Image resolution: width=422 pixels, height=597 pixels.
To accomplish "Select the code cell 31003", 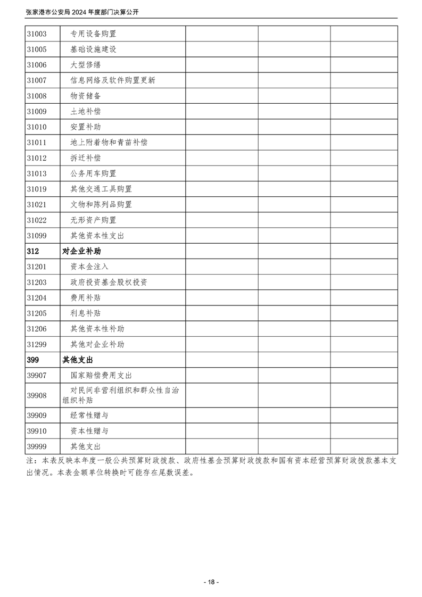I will point(36,34).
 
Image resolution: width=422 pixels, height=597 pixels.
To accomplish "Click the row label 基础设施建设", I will point(93,49).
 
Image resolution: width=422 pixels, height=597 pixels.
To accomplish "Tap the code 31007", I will point(36,80).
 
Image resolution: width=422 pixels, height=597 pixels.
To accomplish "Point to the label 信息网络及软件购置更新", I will point(112,80).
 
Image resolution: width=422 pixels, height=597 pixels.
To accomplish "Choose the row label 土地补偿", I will point(85,112).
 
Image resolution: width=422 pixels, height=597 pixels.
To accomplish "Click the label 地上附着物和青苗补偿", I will point(109,143).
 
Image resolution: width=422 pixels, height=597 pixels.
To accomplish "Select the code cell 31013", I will point(36,173).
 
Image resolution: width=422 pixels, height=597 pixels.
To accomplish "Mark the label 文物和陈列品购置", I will point(101,204).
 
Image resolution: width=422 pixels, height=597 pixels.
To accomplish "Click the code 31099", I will point(36,236).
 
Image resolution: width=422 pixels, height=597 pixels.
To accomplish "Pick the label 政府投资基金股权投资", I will point(109,282).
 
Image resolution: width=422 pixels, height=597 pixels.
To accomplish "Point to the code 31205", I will point(36,313).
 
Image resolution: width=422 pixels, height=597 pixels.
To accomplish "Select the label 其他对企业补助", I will point(97,344).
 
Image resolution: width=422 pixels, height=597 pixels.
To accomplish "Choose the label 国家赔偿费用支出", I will point(101,376).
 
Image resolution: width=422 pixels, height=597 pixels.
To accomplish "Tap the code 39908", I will point(36,395).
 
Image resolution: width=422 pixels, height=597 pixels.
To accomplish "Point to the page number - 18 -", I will point(211,582).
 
